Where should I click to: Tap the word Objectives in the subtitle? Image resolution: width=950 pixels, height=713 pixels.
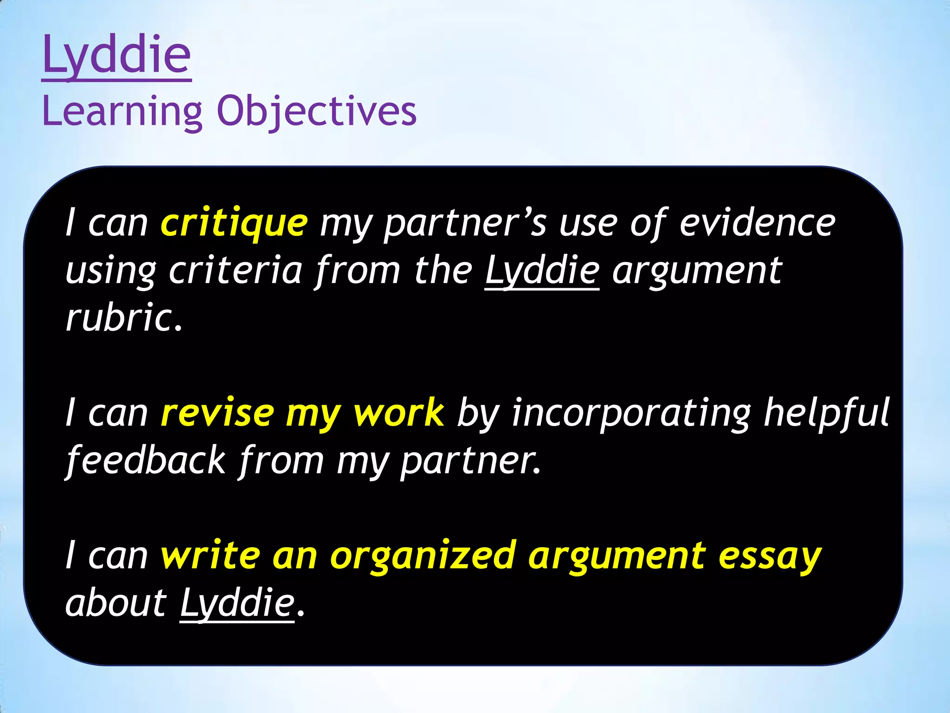click(x=317, y=111)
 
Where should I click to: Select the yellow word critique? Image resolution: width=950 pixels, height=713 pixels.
click(x=234, y=223)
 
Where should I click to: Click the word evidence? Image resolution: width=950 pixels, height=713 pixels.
click(x=757, y=223)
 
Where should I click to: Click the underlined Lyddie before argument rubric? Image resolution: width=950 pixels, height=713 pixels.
click(x=542, y=271)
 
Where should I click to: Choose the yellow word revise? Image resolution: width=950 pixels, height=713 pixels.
click(x=218, y=413)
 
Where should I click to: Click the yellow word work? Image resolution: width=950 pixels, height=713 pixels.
click(x=399, y=413)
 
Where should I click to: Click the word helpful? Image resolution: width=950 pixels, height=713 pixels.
click(x=827, y=413)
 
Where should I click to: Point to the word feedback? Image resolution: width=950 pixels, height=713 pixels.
click(x=146, y=460)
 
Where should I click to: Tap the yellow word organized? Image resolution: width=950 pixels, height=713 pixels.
click(x=423, y=556)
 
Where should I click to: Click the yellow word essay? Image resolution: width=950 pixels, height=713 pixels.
click(x=770, y=556)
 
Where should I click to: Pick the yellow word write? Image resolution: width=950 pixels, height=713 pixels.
click(x=211, y=556)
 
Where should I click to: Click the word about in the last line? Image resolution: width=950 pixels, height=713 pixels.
click(x=116, y=603)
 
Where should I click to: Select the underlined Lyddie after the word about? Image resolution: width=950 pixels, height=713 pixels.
click(x=237, y=603)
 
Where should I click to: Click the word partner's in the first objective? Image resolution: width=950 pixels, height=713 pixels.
click(x=466, y=223)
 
